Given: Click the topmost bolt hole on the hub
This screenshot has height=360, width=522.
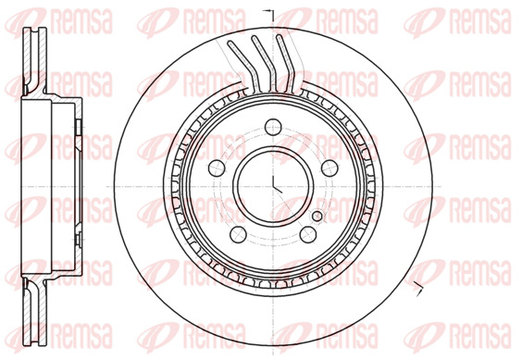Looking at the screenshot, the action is point(273,127).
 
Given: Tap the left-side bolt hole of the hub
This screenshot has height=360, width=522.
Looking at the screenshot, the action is point(217,168).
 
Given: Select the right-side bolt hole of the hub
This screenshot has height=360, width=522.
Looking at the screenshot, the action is point(329,168).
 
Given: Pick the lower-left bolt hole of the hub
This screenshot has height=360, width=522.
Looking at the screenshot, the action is point(238,234).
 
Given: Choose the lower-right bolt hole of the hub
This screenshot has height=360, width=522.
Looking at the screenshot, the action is point(308,234).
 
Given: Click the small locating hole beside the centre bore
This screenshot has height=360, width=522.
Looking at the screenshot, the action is point(317,217).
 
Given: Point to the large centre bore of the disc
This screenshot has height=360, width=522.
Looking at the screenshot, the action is point(273,187).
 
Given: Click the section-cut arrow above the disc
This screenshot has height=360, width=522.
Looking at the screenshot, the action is point(268,12).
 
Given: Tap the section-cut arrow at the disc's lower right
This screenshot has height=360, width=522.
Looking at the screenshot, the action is point(417,289).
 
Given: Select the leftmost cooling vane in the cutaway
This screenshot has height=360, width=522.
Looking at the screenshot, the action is point(240,64).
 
